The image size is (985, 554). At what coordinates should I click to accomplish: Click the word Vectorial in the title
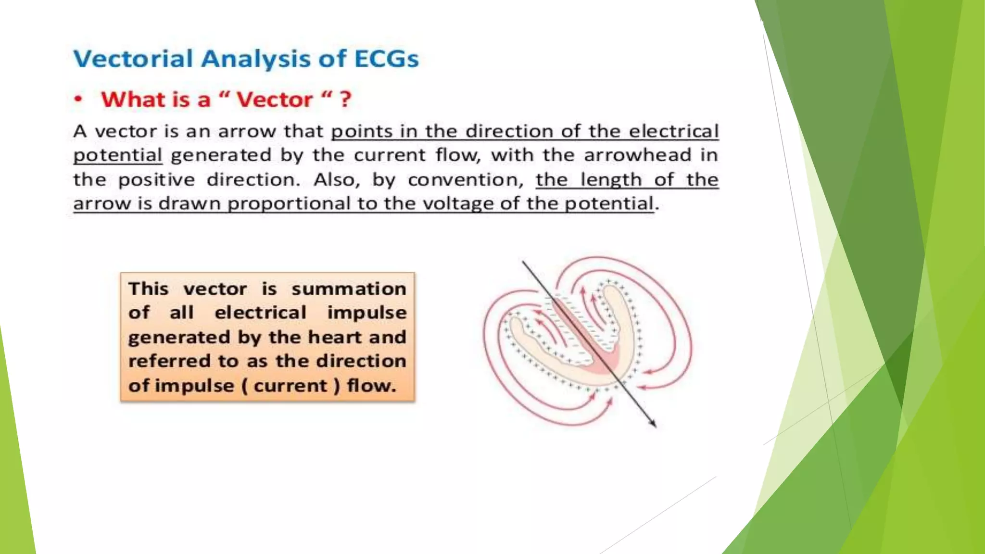133,59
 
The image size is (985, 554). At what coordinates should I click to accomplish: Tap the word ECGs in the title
386,59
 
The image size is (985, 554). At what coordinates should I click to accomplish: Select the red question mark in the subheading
345,100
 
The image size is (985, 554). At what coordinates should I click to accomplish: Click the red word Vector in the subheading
274,100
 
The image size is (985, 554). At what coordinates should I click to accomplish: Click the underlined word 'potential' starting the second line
117,155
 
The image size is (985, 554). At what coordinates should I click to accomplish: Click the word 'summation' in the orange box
349,289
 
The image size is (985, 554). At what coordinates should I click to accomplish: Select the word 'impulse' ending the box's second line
366,313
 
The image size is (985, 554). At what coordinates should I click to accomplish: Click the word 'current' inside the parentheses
290,386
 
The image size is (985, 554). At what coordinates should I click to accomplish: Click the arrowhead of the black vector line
654,424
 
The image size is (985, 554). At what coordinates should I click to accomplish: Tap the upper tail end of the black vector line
523,262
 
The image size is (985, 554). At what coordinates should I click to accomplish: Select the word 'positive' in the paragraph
156,180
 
